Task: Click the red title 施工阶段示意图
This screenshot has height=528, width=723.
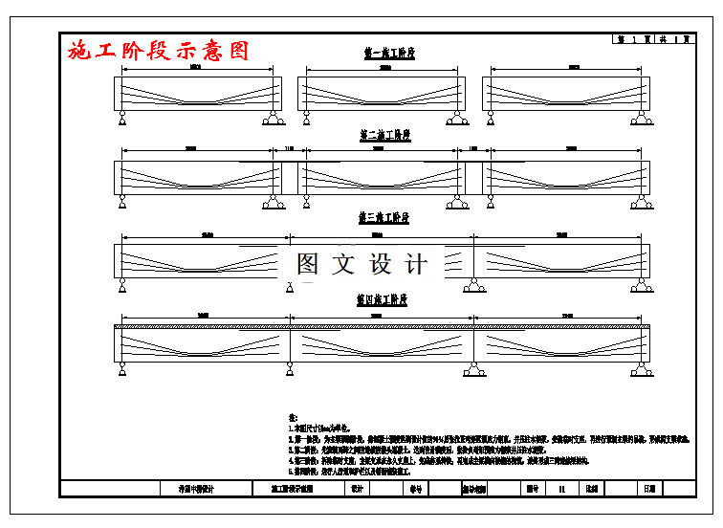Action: point(159,51)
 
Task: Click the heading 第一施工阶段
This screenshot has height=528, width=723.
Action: point(389,55)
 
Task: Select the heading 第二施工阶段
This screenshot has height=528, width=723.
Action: point(384,136)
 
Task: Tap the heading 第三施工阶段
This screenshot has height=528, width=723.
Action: point(383,218)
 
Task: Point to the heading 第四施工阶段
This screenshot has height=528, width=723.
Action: point(383,299)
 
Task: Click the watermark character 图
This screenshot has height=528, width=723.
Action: point(308,264)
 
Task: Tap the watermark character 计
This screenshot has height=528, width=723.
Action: point(417,264)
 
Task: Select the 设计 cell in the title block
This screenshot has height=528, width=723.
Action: point(358,488)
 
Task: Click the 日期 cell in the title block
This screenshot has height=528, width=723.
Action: point(649,488)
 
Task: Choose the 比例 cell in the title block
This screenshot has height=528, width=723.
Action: point(592,488)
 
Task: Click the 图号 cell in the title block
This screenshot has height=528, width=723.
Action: point(532,488)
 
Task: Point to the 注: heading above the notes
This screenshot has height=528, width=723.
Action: point(294,418)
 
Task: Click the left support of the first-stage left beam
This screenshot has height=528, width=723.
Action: point(123,119)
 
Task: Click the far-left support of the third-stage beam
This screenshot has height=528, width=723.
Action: point(123,284)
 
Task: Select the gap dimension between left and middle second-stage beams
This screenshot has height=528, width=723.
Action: point(290,149)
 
